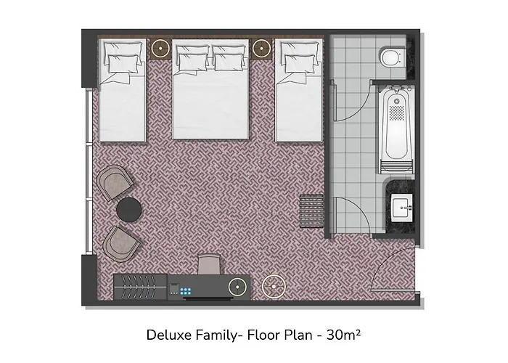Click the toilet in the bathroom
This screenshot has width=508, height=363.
(x=391, y=57)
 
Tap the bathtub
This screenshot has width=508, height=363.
(x=396, y=130)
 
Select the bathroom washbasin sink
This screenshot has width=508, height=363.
(x=402, y=208)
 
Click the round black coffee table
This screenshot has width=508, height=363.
(x=128, y=210)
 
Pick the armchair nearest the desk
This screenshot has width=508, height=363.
(x=121, y=244)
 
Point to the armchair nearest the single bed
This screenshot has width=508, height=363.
(x=115, y=183)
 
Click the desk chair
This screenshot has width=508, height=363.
(x=209, y=264)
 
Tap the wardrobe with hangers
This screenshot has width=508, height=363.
(x=140, y=287)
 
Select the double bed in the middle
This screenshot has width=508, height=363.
(x=210, y=89)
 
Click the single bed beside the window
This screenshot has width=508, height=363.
(x=122, y=90)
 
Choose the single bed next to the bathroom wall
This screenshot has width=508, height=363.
(x=299, y=90)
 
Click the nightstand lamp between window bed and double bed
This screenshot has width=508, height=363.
(x=160, y=49)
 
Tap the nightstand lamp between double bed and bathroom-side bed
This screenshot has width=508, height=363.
(x=261, y=49)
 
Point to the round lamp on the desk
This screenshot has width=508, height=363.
(x=237, y=287)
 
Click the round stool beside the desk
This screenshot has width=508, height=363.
(x=274, y=287)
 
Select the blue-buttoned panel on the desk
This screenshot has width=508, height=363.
(x=186, y=291)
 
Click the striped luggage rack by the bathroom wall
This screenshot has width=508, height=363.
(x=311, y=211)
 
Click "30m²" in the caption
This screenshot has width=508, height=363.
(x=343, y=335)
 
